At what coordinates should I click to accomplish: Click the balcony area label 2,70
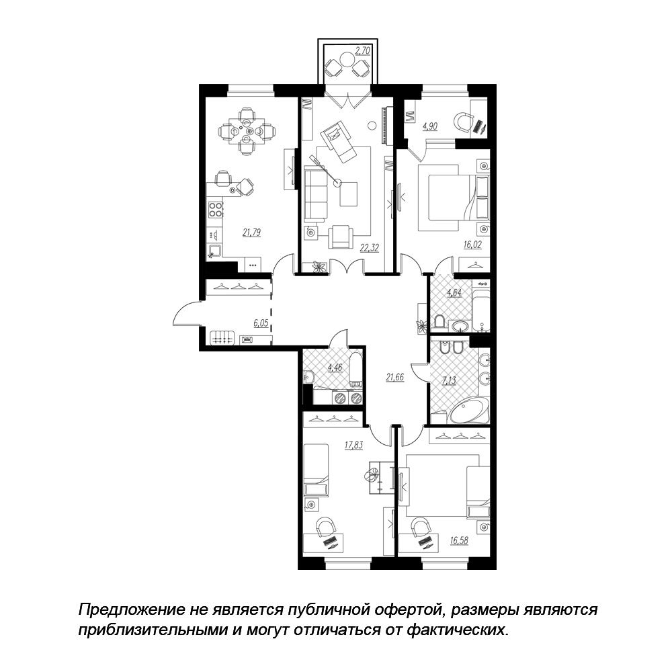point(363,51)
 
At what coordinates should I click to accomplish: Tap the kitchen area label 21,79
point(251,233)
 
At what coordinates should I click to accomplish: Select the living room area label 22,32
point(370,248)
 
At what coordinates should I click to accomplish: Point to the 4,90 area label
point(430,126)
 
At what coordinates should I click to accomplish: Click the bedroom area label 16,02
point(472,245)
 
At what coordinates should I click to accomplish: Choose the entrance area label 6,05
point(261,323)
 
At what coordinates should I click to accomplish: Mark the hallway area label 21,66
point(395,378)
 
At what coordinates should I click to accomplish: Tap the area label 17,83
point(354,446)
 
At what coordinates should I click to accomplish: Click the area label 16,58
point(459,540)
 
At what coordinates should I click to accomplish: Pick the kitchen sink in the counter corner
point(214,250)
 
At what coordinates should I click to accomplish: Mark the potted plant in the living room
point(318,267)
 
